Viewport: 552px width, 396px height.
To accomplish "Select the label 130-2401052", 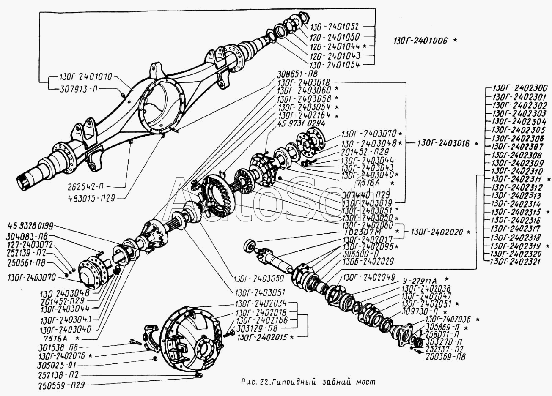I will pyautogui.click(x=335, y=26).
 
